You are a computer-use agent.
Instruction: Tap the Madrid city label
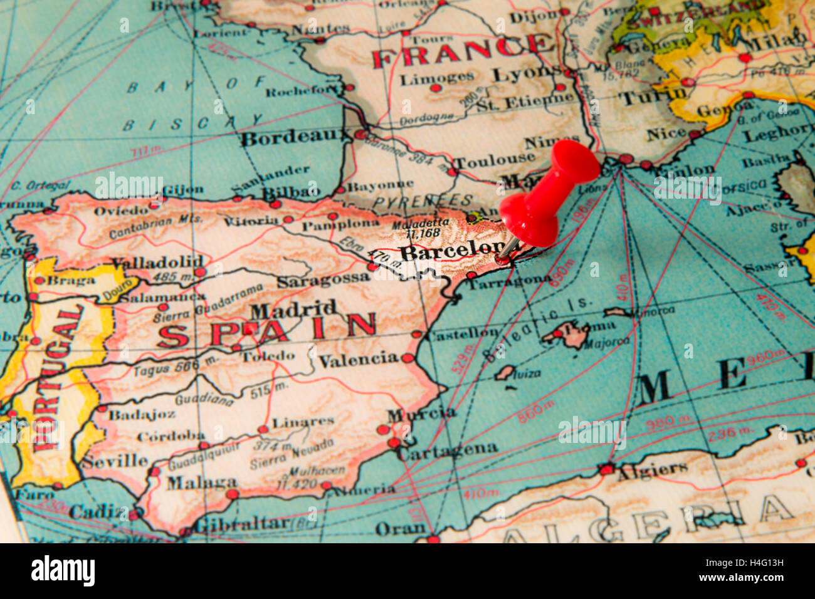(x=293, y=310)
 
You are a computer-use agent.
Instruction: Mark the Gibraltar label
(x=242, y=523)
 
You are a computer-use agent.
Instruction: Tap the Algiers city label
(x=651, y=469)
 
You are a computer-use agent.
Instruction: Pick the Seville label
(x=114, y=461)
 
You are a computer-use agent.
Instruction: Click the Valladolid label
(x=157, y=261)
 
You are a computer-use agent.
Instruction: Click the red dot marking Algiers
(x=606, y=469)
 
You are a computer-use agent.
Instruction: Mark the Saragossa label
(x=323, y=279)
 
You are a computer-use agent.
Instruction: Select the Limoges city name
(x=437, y=78)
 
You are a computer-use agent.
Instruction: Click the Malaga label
(x=201, y=482)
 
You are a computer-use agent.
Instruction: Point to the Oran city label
(x=400, y=529)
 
